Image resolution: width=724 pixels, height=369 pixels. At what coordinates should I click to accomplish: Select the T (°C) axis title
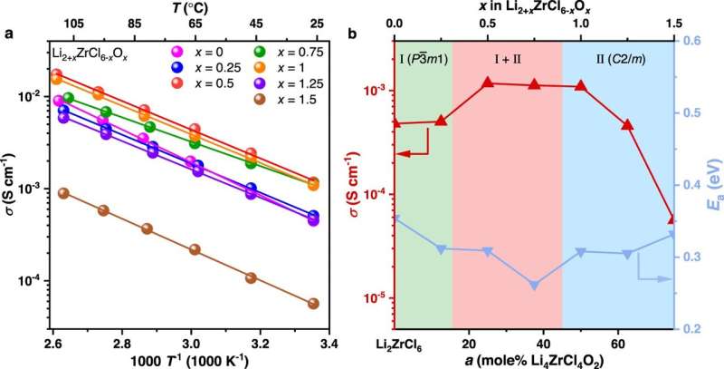tap(194, 8)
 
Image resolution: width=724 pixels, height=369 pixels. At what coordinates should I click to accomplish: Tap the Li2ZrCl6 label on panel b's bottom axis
tap(396, 344)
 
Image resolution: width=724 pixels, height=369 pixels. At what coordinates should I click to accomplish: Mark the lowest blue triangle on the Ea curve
tap(534, 285)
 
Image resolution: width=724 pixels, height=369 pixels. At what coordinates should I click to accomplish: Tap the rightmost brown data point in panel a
tap(313, 304)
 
